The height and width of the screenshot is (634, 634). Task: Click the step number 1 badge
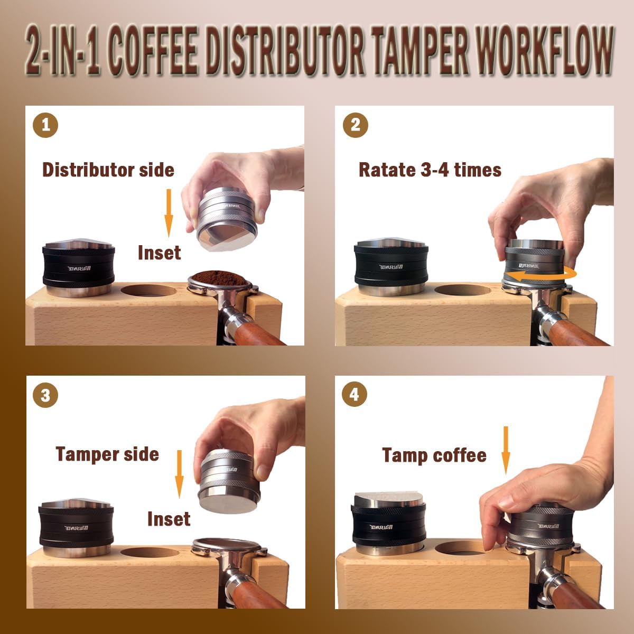coord(45,125)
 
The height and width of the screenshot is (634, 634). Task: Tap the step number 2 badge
coord(355,125)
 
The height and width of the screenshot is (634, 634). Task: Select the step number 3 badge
coord(45,395)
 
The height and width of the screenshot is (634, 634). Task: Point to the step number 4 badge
coord(355,395)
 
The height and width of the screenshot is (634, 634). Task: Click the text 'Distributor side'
coord(108,170)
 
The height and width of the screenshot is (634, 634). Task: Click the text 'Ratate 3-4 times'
coord(430,170)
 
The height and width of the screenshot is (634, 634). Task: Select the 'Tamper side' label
coord(107,454)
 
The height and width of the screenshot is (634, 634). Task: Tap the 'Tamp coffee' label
coord(434,455)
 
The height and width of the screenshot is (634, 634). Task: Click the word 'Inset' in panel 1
coord(159,253)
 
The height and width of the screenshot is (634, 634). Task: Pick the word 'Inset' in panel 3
coord(169,519)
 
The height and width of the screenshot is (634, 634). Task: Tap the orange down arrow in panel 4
coord(506,450)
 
